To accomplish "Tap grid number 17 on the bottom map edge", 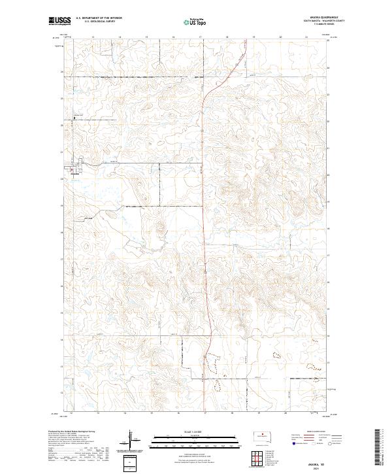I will (x=204, y=413).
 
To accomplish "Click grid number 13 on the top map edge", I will (x=94, y=37).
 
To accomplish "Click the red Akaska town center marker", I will (x=71, y=169).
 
